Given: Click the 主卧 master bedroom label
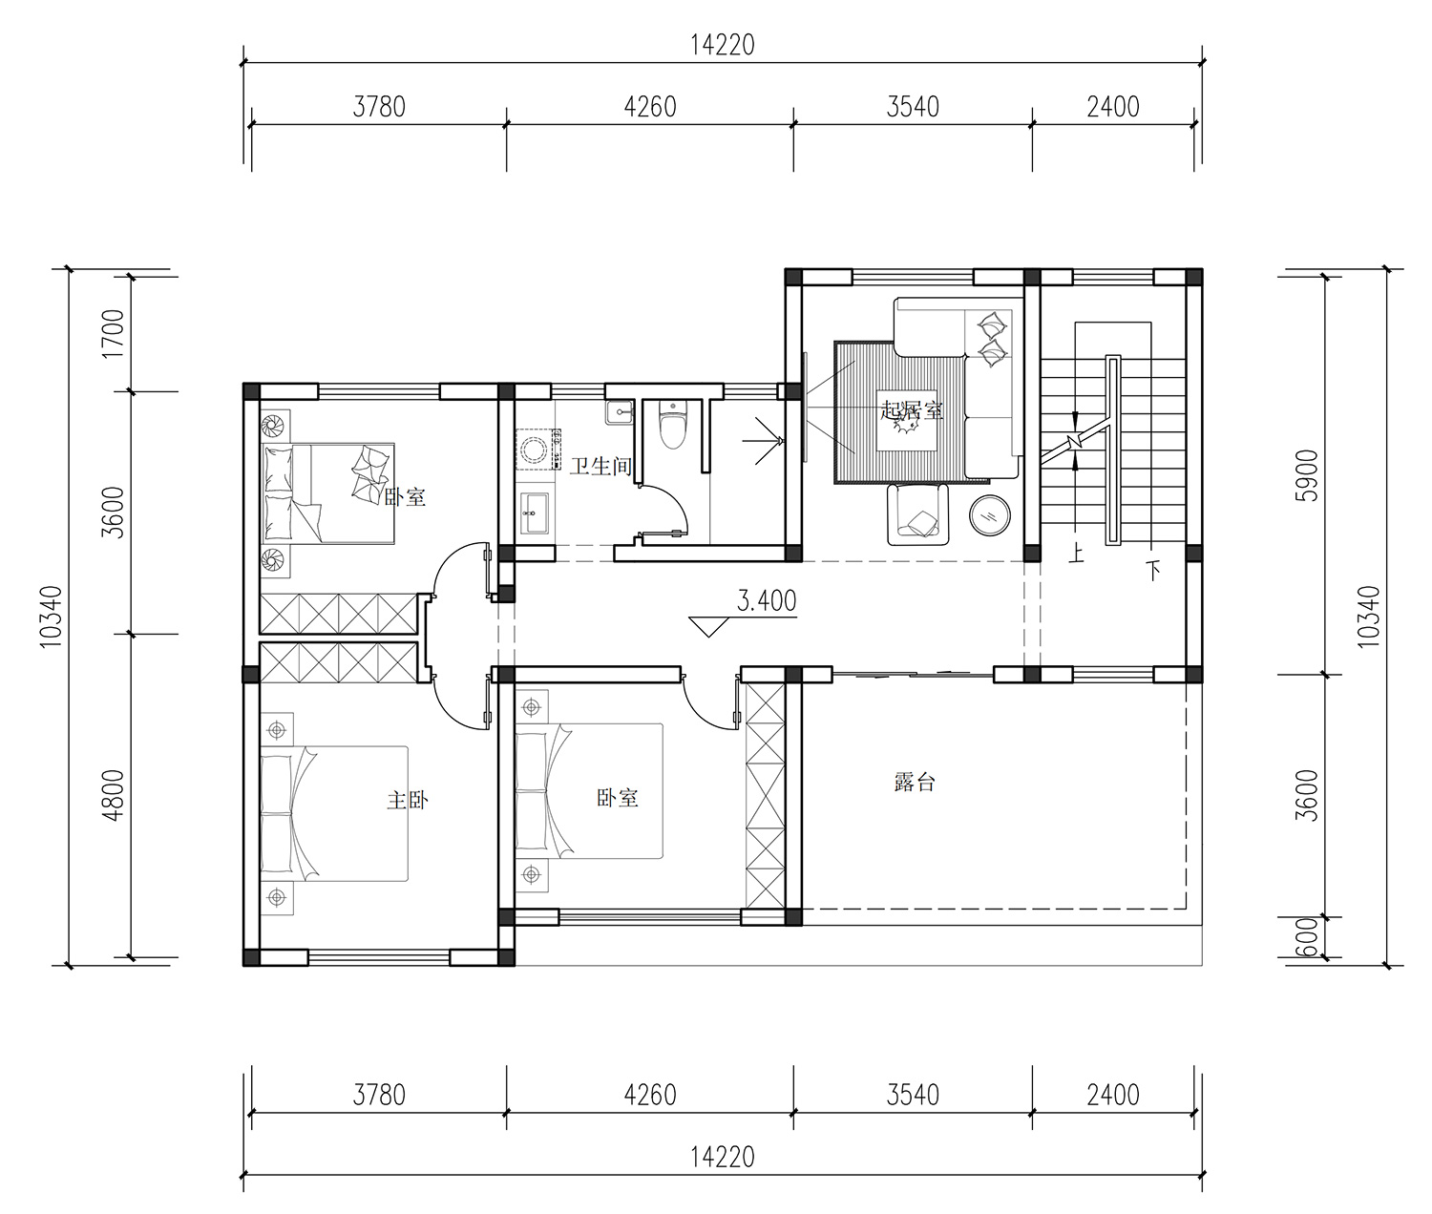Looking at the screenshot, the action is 408,801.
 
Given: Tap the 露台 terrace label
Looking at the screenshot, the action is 915,783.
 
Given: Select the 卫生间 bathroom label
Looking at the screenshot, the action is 600,466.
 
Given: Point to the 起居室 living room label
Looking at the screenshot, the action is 912,410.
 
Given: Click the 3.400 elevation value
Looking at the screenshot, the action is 767,600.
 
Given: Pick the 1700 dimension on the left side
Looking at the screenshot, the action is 113,334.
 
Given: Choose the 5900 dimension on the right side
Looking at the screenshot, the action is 1308,475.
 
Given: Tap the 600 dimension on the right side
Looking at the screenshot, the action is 1308,937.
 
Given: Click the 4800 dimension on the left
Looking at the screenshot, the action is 113,795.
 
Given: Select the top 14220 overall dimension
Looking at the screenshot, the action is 723,45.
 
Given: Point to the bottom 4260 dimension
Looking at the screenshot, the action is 650,1095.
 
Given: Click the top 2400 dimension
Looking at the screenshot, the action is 1112,107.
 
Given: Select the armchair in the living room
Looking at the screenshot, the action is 918,514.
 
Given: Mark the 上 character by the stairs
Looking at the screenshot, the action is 1076,554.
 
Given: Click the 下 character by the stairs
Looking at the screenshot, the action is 1153,571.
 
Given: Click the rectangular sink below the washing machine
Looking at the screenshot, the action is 535,513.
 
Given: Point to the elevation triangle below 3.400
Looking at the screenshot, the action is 708,627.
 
